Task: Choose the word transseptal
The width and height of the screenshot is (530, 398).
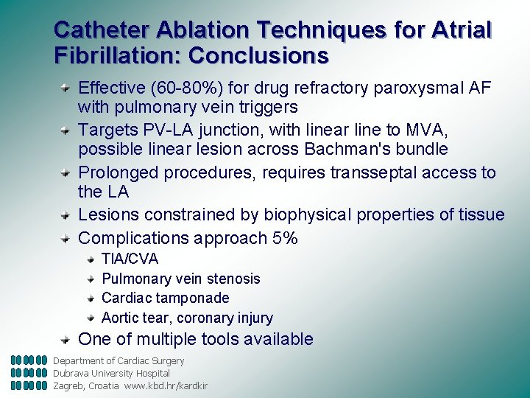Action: click(377, 172)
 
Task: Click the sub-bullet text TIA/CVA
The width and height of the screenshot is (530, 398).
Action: click(130, 259)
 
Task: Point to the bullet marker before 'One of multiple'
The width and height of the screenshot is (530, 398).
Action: click(66, 338)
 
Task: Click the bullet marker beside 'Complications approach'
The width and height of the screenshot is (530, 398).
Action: click(66, 237)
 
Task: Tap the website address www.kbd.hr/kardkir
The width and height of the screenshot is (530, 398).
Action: click(166, 385)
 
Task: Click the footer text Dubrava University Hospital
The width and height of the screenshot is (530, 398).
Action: click(111, 373)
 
